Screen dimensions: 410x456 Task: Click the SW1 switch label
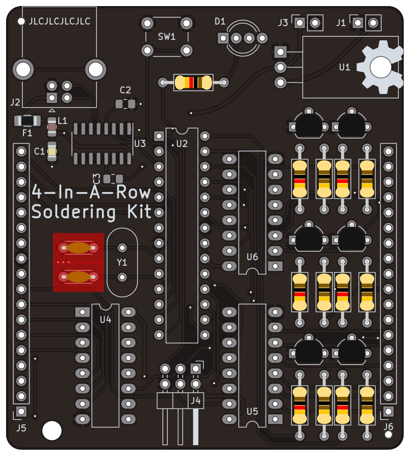pos(167,37)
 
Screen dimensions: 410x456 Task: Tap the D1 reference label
pos(220,21)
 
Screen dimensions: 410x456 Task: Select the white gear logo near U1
pos(380,67)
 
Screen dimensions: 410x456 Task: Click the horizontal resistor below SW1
pos(193,83)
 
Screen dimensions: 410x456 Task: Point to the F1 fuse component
pos(28,121)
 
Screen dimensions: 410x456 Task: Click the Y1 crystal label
pos(122,263)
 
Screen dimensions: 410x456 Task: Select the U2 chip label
pos(182,144)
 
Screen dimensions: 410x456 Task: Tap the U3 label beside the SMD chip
pos(140,144)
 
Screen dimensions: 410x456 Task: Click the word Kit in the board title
pos(139,212)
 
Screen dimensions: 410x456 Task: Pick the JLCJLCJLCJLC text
pos(59,21)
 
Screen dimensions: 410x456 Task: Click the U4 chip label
pos(106,320)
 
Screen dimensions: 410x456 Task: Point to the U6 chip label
pos(252,257)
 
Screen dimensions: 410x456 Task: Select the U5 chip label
pos(252,412)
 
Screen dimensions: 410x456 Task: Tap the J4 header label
pos(196,401)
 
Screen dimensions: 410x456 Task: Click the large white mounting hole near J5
pos(52,430)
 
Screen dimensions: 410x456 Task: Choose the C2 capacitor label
pos(125,90)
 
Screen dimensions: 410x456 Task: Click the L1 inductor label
pos(63,121)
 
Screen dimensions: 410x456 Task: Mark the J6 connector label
pos(388,426)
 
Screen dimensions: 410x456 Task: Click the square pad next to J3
pos(300,22)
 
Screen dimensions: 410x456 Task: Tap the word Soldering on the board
pos(74,212)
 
